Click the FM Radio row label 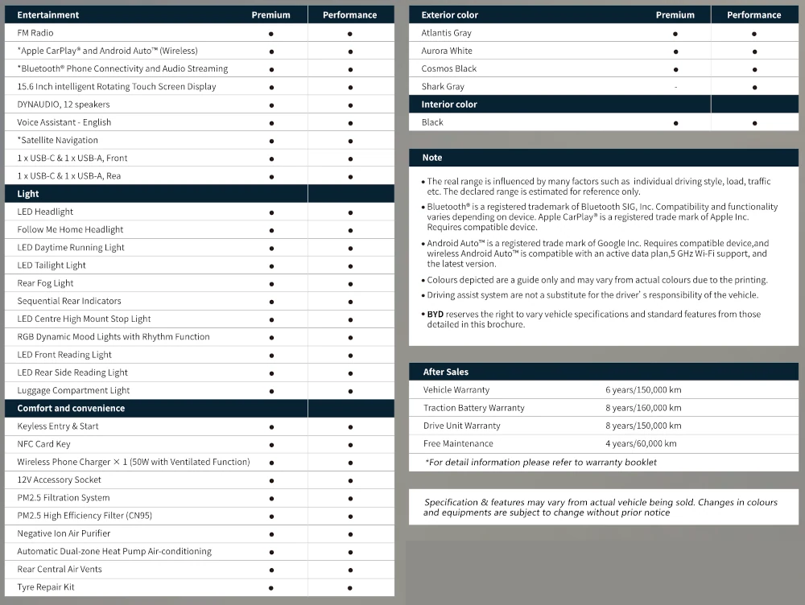[35, 33]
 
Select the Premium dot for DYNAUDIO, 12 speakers [271, 105]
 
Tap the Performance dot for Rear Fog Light [350, 283]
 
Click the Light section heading [28, 194]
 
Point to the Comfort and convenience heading [71, 408]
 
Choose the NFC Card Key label [43, 444]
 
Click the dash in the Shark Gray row [675, 87]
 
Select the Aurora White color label [447, 51]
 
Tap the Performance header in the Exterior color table [753, 14]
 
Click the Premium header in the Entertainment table [270, 14]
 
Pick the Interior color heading [449, 105]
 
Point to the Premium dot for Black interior [675, 123]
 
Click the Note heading [432, 158]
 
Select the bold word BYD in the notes [435, 315]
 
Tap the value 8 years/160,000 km [643, 408]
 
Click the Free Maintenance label [458, 443]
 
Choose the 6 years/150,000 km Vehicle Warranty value [643, 390]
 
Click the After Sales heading [446, 372]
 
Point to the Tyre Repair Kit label [46, 587]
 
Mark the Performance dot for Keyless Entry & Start [350, 426]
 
